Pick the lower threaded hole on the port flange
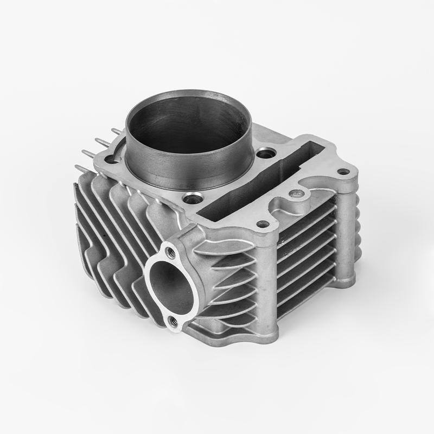pyautogui.click(x=173, y=321)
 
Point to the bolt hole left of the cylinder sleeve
pyautogui.click(x=112, y=159)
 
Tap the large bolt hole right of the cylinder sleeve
pyautogui.click(x=264, y=154)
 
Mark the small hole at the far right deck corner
pyautogui.click(x=343, y=172)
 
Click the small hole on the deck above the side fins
pyautogui.click(x=263, y=223)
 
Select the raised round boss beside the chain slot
pyautogui.click(x=296, y=193)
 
